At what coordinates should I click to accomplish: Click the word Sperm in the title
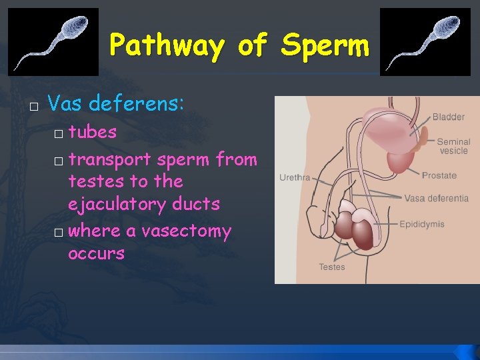pos(325,45)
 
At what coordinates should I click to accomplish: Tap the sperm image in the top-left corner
pos(53,41)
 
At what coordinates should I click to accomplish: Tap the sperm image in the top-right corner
pos(425,41)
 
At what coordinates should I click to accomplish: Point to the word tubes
pos(92,132)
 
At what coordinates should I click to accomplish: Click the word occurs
pos(96,253)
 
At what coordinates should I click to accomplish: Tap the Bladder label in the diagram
pos(448,117)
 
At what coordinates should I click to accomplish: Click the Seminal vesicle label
pos(453,146)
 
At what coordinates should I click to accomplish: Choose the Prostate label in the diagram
pos(439,176)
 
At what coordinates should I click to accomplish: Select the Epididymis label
pos(422,225)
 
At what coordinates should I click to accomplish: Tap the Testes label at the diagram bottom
pos(331,267)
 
